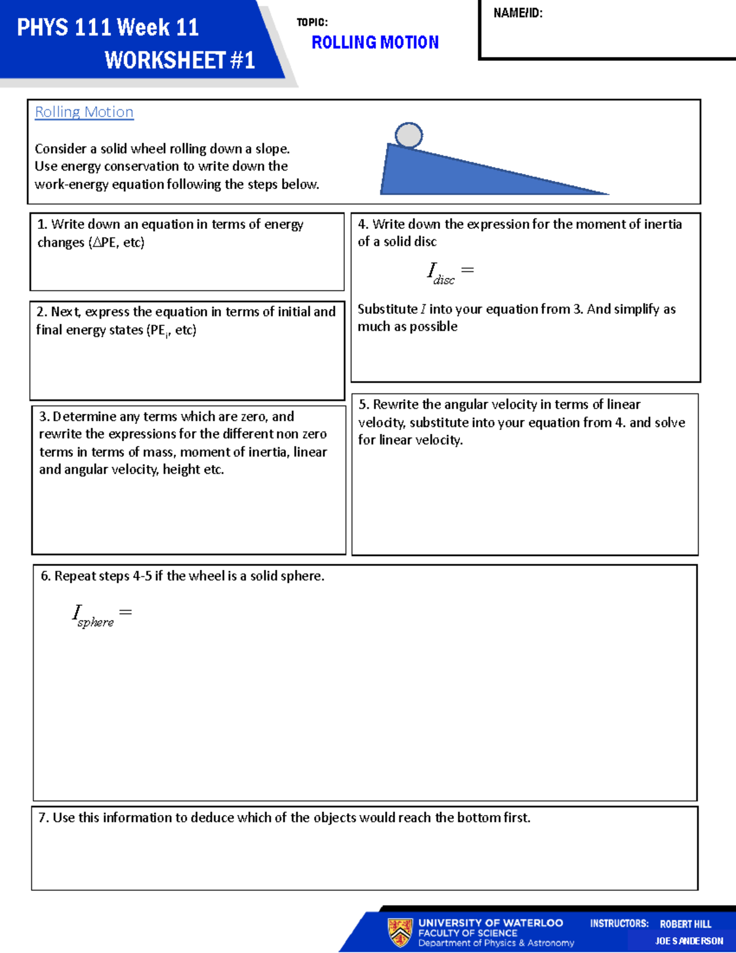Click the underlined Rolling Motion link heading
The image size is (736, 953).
click(84, 112)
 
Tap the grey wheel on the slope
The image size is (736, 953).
click(408, 135)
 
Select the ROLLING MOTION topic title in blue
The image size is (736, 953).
click(375, 42)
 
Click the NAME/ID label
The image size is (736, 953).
click(518, 13)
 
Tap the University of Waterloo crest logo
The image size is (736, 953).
click(400, 932)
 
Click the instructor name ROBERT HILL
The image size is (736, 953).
click(685, 924)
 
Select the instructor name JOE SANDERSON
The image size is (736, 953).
click(689, 941)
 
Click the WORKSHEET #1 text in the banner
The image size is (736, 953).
click(180, 60)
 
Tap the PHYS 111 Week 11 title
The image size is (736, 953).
click(108, 28)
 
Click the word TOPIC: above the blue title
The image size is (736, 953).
click(312, 22)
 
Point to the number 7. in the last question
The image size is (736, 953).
click(44, 817)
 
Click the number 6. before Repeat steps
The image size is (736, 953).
click(46, 576)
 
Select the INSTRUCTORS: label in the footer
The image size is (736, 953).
click(619, 924)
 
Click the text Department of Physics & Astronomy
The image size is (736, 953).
click(496, 943)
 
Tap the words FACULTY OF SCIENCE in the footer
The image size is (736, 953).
click(467, 933)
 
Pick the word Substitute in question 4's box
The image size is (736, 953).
click(387, 309)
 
